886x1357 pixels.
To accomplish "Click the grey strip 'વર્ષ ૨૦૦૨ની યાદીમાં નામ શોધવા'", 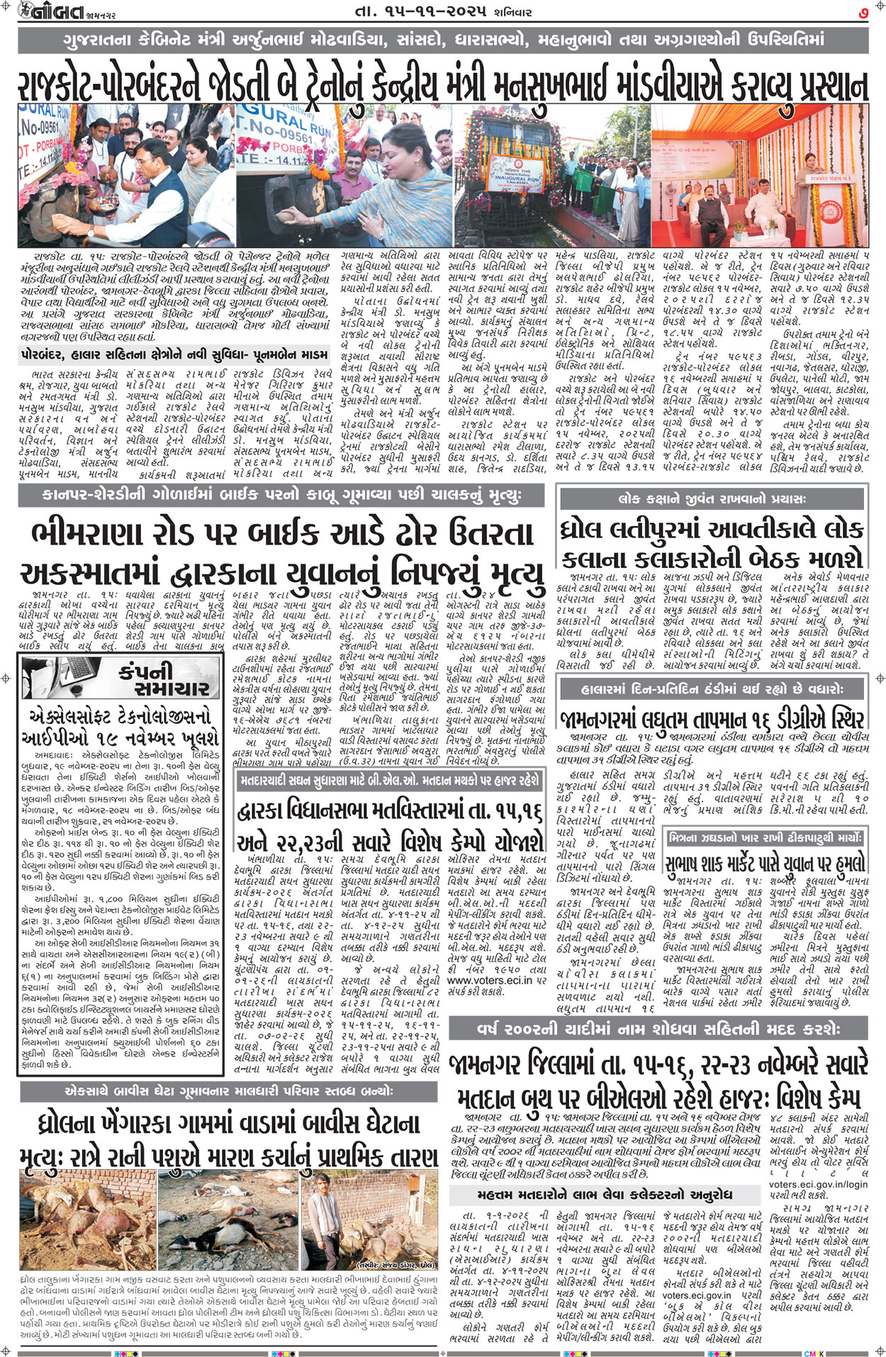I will [658, 1028].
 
